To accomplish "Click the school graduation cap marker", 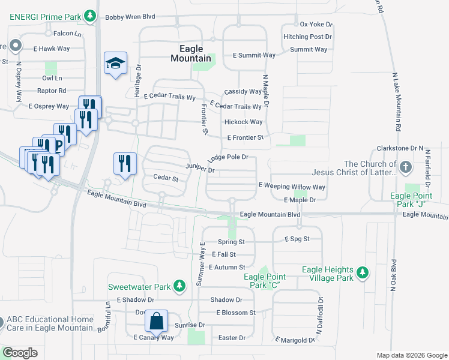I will (x=116, y=63).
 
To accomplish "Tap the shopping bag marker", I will (x=156, y=320).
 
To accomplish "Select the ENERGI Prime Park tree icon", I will (x=90, y=15).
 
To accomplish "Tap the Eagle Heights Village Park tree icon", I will (x=362, y=273).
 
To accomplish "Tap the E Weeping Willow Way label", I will (x=292, y=187).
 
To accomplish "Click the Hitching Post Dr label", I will (x=308, y=37).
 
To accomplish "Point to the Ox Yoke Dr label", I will (x=316, y=24).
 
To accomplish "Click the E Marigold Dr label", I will (x=295, y=340).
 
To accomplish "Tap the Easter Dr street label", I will (x=232, y=338).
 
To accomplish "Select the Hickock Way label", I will (x=243, y=122).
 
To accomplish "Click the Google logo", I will (x=20, y=352).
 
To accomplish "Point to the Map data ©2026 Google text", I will (x=411, y=355).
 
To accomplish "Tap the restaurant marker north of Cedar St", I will (x=125, y=163).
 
